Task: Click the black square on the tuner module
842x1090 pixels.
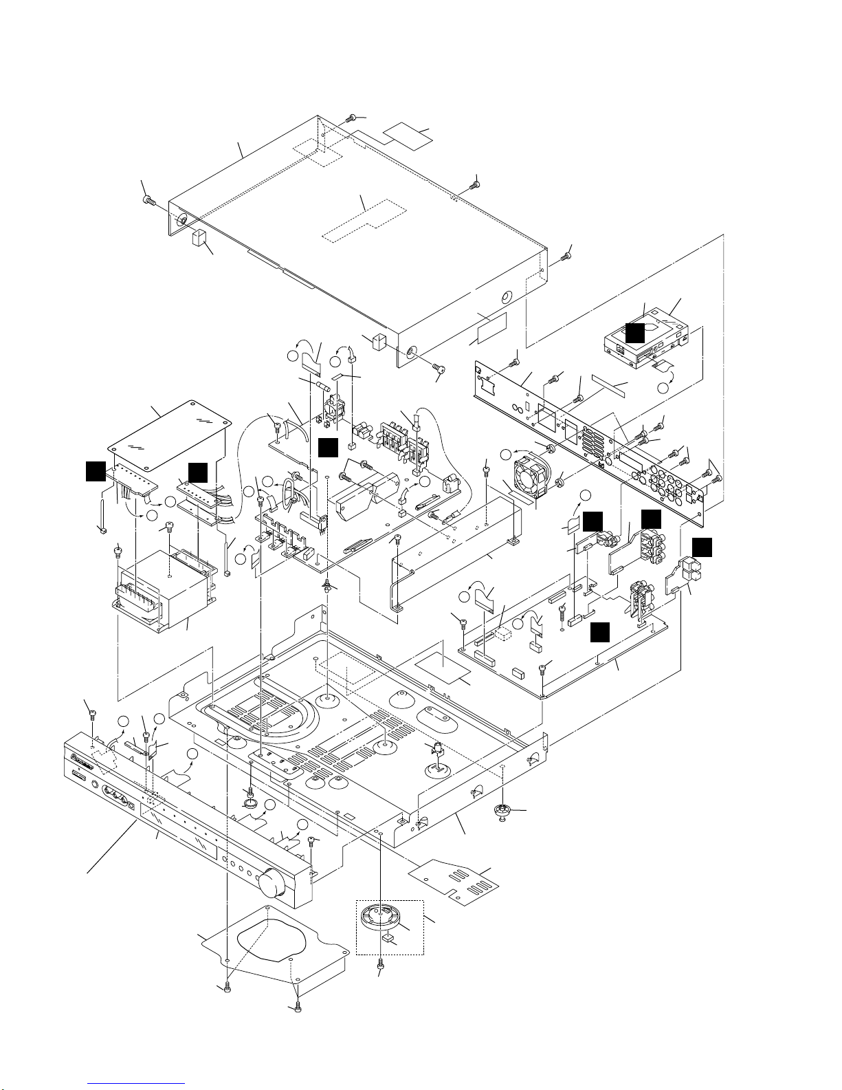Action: coord(634,333)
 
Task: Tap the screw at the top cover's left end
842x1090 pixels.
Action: coord(148,199)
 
